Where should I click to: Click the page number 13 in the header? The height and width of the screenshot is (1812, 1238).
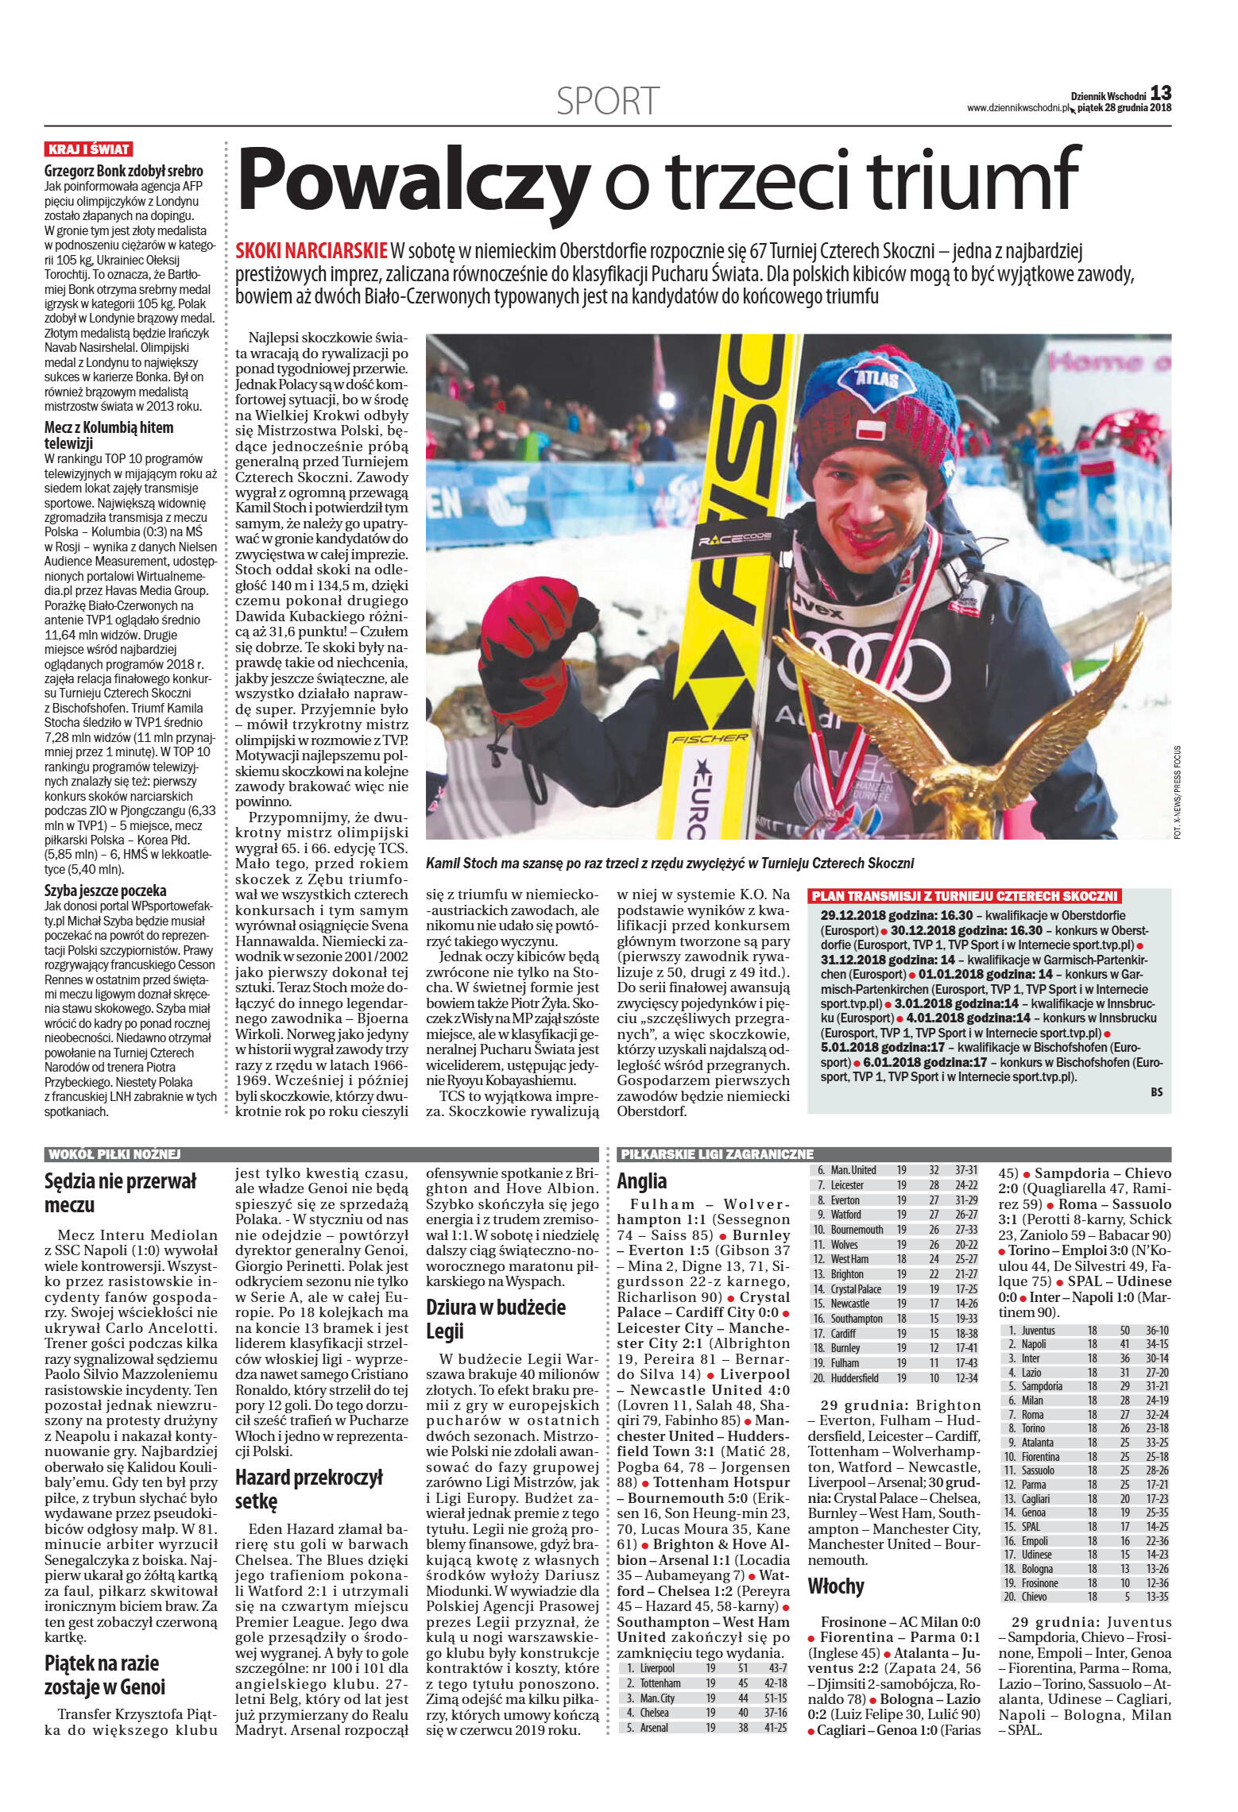(1161, 92)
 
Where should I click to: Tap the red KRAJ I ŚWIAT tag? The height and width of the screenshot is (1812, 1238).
(89, 149)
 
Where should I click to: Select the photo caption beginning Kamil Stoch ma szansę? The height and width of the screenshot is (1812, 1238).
(670, 862)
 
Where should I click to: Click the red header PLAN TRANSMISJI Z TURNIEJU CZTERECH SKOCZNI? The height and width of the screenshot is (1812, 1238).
(965, 894)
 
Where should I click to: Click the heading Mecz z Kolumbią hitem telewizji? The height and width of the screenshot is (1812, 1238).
(108, 436)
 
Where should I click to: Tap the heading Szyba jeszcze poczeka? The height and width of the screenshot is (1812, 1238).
(105, 891)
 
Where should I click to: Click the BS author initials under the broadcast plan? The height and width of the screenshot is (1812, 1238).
(1156, 1091)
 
